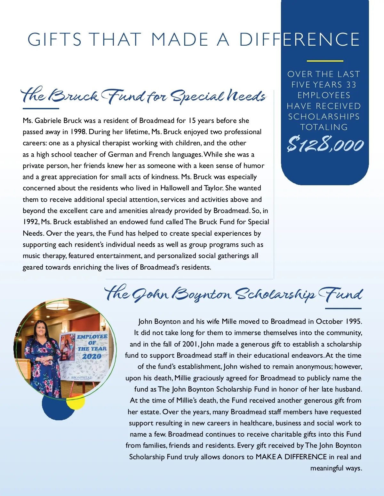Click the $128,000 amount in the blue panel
[325, 144]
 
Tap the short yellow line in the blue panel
[325, 61]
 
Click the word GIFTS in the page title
[55, 40]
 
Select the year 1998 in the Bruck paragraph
[78, 132]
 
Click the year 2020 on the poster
[92, 356]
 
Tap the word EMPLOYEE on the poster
[92, 337]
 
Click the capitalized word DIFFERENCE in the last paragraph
[305, 457]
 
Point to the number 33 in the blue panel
[351, 85]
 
